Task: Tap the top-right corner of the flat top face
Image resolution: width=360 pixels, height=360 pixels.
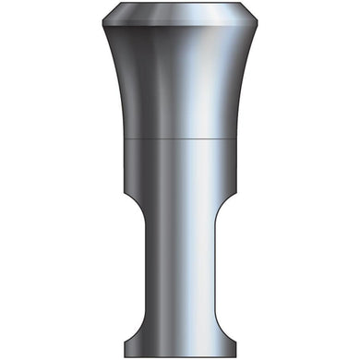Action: (246, 6)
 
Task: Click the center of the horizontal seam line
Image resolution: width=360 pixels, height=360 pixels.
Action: (179, 138)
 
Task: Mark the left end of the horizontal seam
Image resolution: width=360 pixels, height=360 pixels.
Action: (124, 138)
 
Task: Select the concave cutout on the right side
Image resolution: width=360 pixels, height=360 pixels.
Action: (227, 268)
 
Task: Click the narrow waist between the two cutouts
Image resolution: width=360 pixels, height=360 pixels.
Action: (179, 268)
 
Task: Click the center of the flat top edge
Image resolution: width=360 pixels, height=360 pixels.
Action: (179, 6)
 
